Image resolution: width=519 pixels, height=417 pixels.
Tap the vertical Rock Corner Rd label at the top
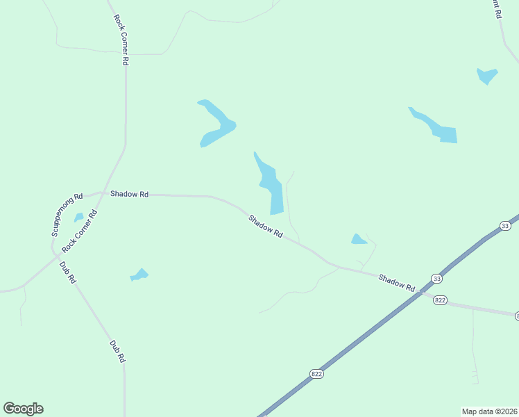[121, 38]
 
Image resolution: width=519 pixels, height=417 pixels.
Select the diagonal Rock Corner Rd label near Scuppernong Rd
[80, 229]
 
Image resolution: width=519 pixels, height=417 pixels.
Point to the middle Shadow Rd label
[266, 226]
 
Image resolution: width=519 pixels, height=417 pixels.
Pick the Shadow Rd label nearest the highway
[396, 283]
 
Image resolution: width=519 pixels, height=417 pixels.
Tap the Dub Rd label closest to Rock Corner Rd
[67, 272]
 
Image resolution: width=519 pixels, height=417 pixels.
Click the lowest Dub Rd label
[117, 351]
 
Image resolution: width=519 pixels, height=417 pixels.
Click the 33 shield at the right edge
[504, 226]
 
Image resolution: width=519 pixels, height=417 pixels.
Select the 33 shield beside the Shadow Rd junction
[436, 279]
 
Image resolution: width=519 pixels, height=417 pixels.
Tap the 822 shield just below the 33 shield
[440, 300]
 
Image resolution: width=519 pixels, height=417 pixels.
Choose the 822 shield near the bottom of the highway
[317, 373]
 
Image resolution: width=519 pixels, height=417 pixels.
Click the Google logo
[23, 408]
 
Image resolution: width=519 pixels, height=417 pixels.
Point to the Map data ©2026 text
[489, 411]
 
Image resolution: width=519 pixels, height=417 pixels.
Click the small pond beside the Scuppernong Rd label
[79, 218]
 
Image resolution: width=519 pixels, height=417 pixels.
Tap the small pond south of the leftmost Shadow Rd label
[139, 275]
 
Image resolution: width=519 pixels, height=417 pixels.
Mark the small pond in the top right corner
[487, 75]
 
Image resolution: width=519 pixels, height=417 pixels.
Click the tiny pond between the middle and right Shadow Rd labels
[359, 239]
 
